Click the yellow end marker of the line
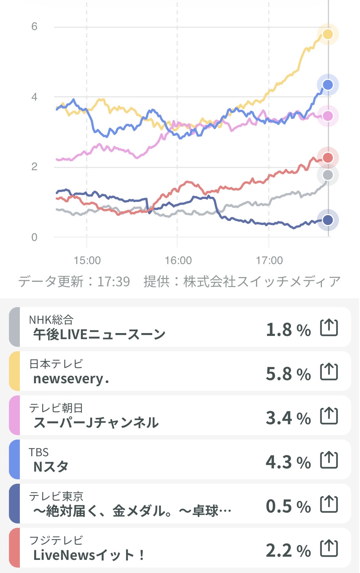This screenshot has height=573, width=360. tap(327, 34)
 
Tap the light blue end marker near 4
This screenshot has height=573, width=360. tap(327, 85)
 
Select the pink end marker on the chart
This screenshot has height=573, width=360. tap(327, 116)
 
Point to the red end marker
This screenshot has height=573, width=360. tap(327, 157)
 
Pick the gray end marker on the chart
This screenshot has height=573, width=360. tap(327, 175)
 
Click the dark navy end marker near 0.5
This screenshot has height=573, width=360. tap(327, 220)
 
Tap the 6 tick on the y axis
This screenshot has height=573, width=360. tap(34, 27)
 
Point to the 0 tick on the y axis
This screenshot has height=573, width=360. tap(34, 237)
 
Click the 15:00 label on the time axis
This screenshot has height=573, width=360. tap(87, 260)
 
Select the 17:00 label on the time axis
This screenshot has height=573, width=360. tap(269, 260)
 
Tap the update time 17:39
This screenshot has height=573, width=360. tap(114, 282)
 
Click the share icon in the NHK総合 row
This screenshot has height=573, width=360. tap(329, 328)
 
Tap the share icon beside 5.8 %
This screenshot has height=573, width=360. tap(329, 372)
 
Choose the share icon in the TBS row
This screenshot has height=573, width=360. tap(329, 460)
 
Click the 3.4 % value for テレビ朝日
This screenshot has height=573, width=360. tap(288, 418)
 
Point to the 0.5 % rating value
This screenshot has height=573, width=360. tap(288, 506)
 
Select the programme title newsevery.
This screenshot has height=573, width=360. tap(71, 379)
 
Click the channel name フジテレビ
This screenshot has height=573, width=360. tap(56, 540)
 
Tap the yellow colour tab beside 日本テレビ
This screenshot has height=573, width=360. tap(14, 371)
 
